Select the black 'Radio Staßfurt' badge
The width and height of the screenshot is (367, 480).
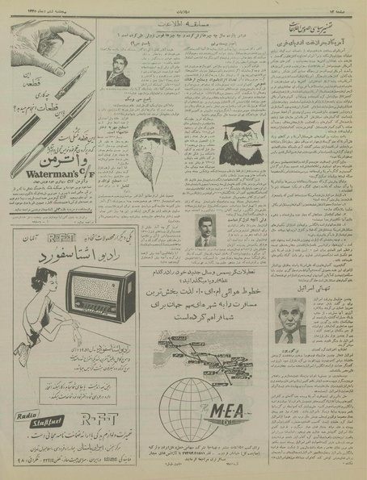35,419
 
